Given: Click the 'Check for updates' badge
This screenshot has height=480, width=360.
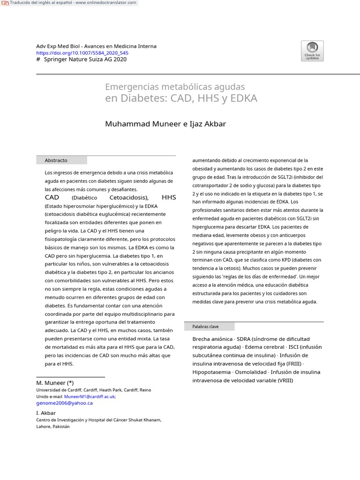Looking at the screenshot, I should [312, 51].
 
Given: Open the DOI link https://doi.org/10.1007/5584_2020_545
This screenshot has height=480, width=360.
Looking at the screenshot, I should [82, 53].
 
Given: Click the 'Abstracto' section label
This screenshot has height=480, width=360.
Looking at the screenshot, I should [56, 160].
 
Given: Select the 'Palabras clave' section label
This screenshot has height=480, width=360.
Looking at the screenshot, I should [205, 326].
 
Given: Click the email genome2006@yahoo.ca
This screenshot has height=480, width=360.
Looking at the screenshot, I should [65, 403].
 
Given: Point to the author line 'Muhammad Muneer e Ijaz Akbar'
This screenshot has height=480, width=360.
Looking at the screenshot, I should [165, 124].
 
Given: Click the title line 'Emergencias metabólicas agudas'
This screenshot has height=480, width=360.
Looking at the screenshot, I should [175, 87].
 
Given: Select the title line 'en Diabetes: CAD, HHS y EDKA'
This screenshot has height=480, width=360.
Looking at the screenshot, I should [181, 98].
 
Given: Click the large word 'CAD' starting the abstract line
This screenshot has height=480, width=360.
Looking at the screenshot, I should [52, 197].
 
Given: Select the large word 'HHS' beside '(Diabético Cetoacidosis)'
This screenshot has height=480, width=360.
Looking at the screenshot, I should [169, 197].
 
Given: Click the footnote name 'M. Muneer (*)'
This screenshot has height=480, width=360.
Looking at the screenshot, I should [55, 383].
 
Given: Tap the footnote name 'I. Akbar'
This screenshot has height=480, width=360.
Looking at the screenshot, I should [46, 413].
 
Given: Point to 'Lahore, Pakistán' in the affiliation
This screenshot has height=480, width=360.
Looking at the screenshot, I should [52, 427].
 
